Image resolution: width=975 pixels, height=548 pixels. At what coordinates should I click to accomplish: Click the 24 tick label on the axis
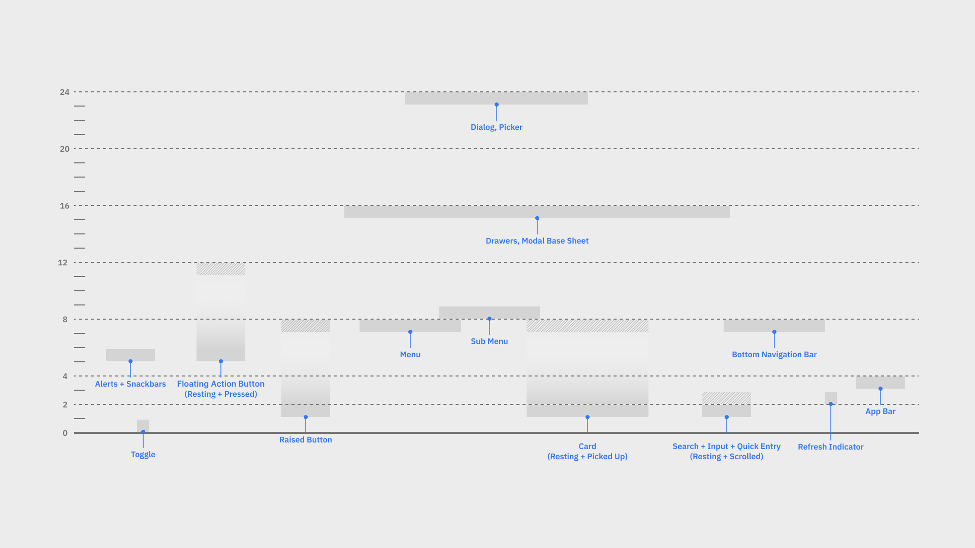64,92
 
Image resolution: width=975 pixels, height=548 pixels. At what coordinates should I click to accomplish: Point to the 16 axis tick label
64,205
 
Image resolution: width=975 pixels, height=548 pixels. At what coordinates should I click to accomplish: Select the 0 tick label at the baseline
65,433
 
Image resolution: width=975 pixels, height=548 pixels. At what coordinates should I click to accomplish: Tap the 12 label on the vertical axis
62,262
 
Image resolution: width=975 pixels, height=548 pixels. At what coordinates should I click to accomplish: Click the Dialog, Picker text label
496,127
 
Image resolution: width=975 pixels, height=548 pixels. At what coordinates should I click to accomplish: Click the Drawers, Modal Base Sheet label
537,241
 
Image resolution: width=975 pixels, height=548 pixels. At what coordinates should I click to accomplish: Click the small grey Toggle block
143,425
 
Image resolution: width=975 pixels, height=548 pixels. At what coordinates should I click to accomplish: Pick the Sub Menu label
489,341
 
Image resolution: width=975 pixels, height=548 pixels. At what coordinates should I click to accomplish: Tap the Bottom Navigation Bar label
774,355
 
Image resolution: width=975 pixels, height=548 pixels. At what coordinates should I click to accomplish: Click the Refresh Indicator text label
830,447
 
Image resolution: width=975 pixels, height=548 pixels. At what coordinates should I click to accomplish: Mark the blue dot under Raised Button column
306,417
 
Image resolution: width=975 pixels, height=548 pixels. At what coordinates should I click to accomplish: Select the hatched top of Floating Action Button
221,269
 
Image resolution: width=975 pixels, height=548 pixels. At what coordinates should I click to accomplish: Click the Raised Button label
305,440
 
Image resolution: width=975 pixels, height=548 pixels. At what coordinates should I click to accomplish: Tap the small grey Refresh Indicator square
831,397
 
